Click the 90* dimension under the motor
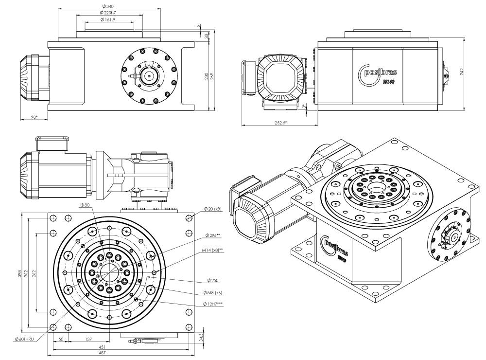34,117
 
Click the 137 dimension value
89,339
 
